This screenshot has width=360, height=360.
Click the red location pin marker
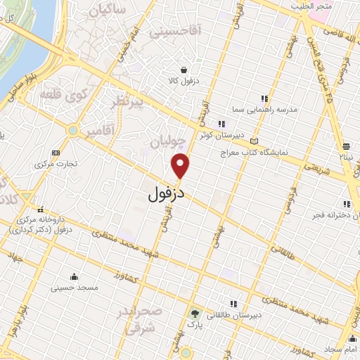181,165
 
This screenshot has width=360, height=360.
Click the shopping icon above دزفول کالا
184,70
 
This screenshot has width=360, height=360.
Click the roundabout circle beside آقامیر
72,130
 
